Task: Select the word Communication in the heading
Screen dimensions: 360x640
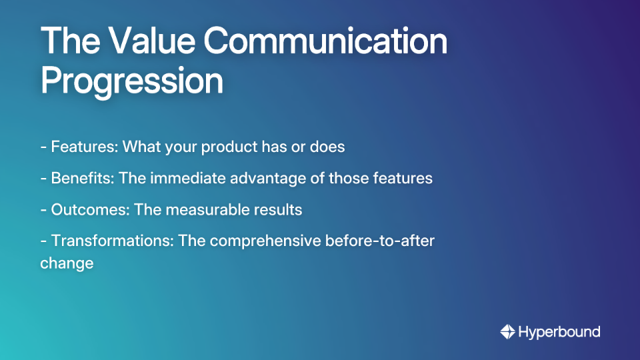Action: pos(325,42)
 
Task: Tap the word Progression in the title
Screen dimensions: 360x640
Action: pos(131,81)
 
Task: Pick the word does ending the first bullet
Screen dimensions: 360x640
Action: pos(327,147)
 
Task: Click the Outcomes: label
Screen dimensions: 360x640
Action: pos(90,210)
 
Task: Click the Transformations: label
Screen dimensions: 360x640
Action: pos(113,241)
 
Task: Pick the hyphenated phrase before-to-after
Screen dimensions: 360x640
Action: pos(380,241)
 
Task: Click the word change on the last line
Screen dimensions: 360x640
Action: pos(67,263)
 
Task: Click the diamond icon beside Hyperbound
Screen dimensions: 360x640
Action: pos(507,331)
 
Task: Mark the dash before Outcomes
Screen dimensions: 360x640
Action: pos(43,210)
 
